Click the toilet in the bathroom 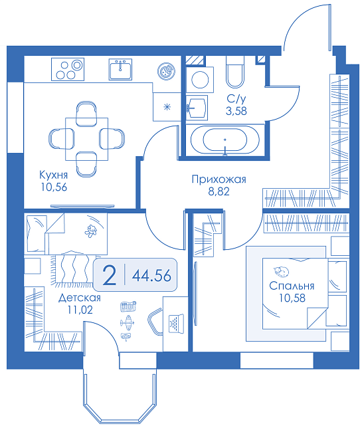[235, 72]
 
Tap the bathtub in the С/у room [225, 140]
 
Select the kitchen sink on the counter [120, 69]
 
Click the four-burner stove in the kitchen [68, 69]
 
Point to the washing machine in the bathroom [200, 80]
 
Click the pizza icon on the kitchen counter [166, 71]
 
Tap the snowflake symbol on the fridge [167, 107]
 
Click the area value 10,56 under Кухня [54, 187]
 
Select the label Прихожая [219, 179]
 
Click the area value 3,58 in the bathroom [236, 111]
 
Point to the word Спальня [292, 286]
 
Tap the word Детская [80, 298]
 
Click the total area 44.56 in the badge [151, 276]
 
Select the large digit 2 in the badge [110, 275]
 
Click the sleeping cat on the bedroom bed [281, 271]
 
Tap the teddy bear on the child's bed [90, 231]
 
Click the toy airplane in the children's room [127, 322]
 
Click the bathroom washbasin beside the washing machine [197, 107]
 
